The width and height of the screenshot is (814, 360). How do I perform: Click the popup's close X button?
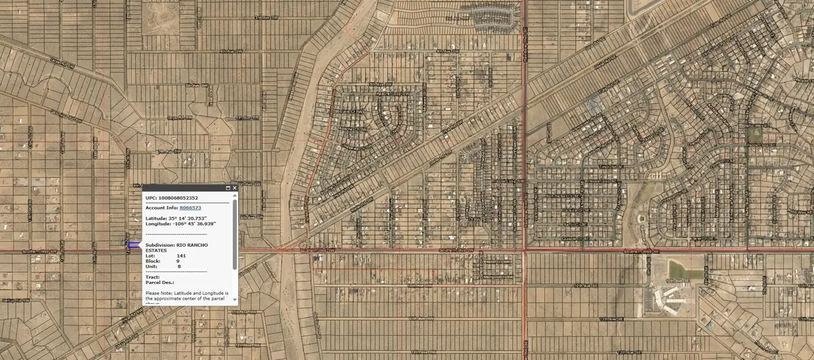[234, 187]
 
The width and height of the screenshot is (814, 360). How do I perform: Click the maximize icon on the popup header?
[227, 187]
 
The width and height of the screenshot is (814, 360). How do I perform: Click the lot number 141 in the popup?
[181, 255]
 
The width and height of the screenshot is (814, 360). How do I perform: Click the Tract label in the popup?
[152, 276]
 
